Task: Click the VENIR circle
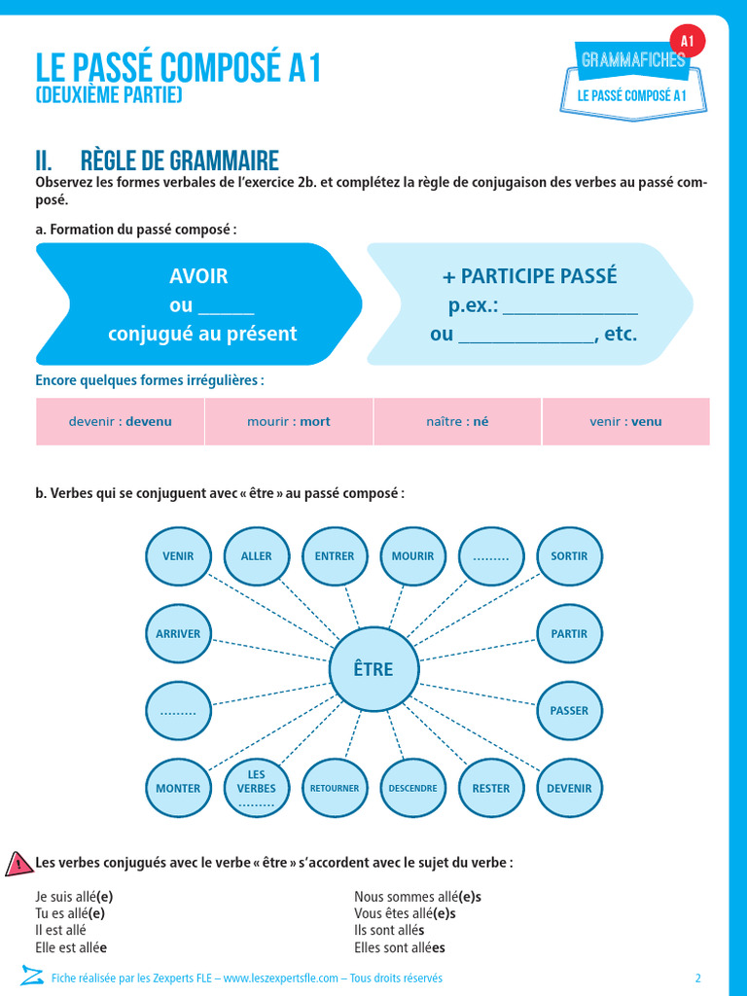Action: (178, 556)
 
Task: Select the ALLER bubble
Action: (257, 556)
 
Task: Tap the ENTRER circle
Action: (335, 556)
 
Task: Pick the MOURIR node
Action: (412, 556)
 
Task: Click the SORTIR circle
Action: (569, 556)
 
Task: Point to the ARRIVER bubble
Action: (178, 633)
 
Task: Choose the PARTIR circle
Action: (569, 633)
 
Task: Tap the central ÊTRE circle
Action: (374, 669)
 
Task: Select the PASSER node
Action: (569, 710)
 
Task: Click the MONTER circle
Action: (178, 788)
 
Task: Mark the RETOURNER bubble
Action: (335, 788)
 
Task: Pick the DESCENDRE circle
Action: (412, 788)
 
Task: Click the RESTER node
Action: (490, 788)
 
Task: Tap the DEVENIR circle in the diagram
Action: (569, 788)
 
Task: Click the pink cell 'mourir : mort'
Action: (289, 422)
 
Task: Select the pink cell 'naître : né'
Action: (457, 422)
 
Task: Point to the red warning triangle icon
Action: (18, 864)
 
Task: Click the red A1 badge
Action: (688, 41)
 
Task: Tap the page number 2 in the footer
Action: (697, 978)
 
